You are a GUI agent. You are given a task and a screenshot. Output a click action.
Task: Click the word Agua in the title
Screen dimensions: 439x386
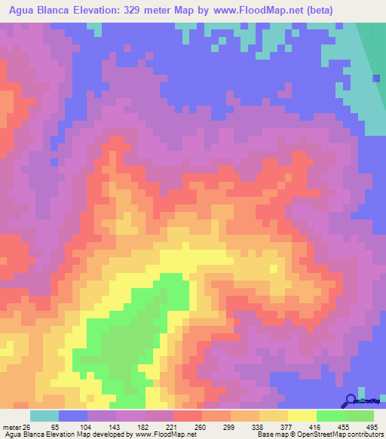(x=20, y=10)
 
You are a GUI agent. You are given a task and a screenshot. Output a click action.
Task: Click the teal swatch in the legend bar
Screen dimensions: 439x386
(x=44, y=416)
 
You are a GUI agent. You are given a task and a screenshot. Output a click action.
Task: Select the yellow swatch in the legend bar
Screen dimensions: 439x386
(x=302, y=416)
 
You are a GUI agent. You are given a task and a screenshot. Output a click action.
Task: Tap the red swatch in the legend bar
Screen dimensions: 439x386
(x=187, y=416)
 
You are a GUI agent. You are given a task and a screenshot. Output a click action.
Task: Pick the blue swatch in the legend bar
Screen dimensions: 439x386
(x=73, y=416)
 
